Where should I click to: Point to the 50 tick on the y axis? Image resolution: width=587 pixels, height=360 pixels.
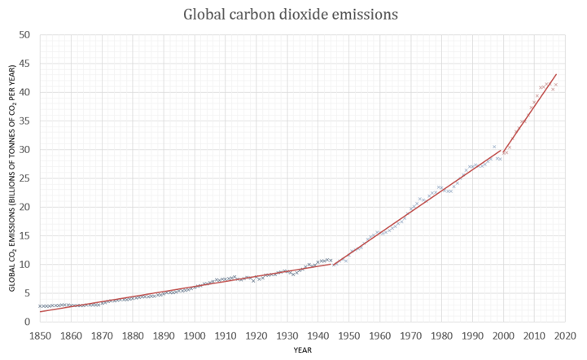tap(24, 35)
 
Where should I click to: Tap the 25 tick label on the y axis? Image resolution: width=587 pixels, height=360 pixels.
tap(24, 178)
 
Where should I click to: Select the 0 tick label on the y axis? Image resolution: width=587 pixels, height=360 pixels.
tap(27, 322)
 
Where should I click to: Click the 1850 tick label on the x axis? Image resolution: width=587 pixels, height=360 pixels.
tap(40, 335)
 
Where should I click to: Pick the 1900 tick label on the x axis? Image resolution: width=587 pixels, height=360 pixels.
tap(194, 335)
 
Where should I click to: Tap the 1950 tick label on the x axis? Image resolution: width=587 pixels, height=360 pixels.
tap(348, 335)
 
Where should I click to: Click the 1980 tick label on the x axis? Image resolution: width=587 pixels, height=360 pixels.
tap(441, 335)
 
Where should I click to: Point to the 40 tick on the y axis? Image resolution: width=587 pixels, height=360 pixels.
tap(24, 92)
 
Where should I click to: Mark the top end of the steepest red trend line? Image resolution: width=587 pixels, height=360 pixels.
tap(556, 74)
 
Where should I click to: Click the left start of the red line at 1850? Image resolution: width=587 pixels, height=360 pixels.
tap(40, 312)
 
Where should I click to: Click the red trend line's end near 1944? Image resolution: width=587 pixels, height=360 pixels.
tap(331, 263)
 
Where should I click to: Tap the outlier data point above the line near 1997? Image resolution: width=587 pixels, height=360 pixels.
tap(493, 147)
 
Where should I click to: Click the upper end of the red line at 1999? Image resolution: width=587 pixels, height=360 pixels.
tap(500, 150)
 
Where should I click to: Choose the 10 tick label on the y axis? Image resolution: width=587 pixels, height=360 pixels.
tap(24, 265)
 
